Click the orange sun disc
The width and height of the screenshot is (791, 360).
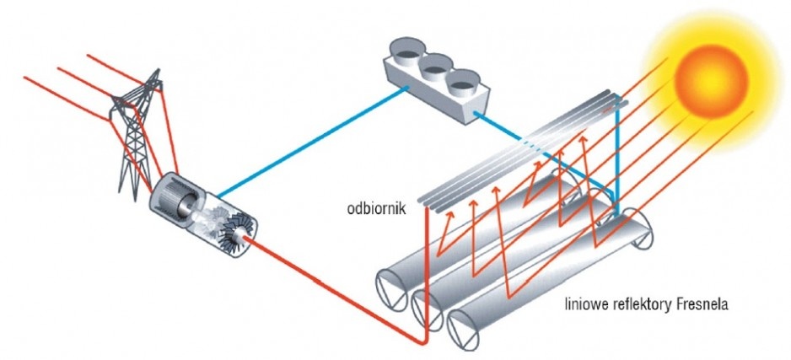[x=711, y=81]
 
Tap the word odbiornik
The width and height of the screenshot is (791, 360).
[x=376, y=209]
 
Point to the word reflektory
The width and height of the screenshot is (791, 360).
[x=640, y=305]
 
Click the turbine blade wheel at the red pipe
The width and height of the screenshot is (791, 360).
[x=238, y=232]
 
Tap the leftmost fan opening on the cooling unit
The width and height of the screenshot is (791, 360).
[x=406, y=50]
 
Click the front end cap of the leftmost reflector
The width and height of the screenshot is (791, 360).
[x=392, y=289]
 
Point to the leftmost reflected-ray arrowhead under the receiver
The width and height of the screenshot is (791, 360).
[x=449, y=214]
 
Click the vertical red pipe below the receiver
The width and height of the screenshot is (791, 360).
[x=427, y=275]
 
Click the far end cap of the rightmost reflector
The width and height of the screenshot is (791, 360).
[x=638, y=230]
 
